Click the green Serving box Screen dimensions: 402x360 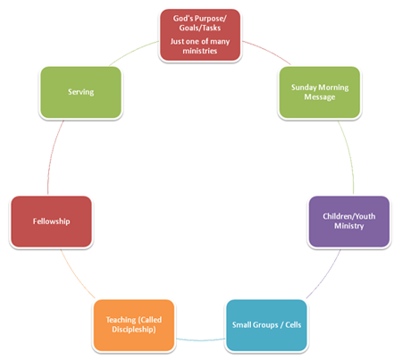pos(80,92)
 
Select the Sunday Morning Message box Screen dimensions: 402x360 pos(320,92)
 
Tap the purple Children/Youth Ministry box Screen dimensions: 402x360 pos(349,222)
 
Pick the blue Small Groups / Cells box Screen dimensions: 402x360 pos(266,325)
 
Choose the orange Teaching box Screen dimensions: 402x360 pos(134,325)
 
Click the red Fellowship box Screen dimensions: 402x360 pos(51,222)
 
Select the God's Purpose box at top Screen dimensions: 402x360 pos(200,35)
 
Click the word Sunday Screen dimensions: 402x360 pos(303,88)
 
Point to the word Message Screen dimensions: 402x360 pos(320,97)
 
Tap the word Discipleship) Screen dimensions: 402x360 pos(134,330)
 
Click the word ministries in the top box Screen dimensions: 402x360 pos(200,51)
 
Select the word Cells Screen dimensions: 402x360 pos(293,324)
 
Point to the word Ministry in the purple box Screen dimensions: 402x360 pos(349,226)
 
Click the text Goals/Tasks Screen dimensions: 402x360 pos(200,28)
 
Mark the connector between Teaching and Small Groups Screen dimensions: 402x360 pos(200,339)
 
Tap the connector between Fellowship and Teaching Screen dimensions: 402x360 pos(76,275)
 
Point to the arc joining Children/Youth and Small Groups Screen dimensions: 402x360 pos(325,275)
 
